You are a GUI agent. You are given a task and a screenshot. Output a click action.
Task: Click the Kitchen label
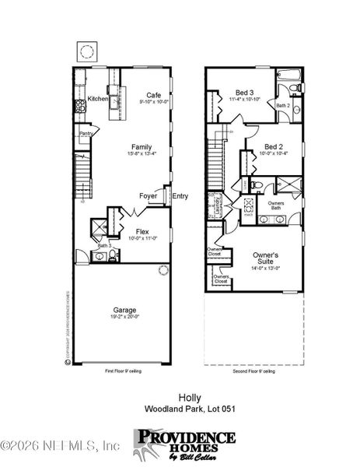click(97, 100)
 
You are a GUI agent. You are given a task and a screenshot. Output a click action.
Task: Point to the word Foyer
click(149, 196)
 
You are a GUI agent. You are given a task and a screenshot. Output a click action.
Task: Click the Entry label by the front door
click(180, 196)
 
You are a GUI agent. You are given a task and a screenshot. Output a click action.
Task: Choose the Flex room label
click(142, 232)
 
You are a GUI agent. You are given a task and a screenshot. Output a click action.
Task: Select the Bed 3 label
click(242, 92)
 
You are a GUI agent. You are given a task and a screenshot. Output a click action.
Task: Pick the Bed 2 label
click(273, 146)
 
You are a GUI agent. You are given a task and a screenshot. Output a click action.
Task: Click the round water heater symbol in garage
click(163, 271)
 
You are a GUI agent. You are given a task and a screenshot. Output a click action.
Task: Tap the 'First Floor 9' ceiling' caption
click(123, 372)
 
